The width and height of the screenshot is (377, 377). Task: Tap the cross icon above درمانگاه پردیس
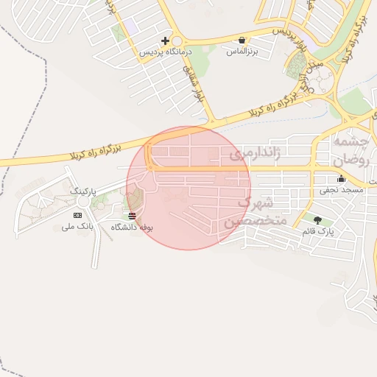[166, 41]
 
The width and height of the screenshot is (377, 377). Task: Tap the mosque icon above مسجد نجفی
[340, 179]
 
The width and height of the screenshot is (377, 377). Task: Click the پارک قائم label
[318, 231]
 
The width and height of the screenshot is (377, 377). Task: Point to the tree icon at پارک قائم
[317, 220]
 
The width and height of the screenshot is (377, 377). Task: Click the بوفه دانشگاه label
[132, 228]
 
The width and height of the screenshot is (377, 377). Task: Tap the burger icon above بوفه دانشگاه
[132, 216]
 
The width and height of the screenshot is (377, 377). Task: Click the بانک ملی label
[79, 227]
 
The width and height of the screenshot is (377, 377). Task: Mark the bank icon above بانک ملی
[78, 215]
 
